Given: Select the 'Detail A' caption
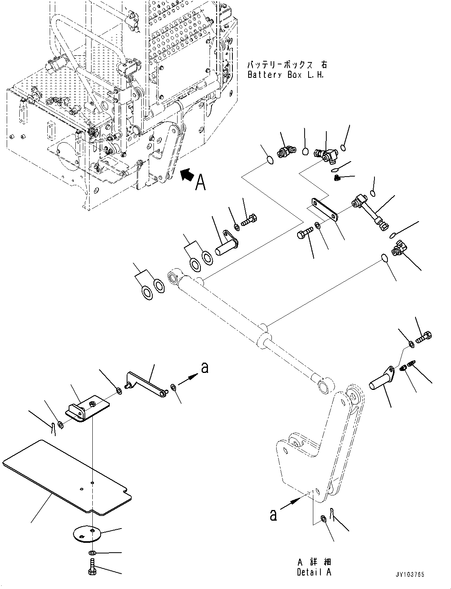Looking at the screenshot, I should [x=314, y=572].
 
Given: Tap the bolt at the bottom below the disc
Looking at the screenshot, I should [x=92, y=568].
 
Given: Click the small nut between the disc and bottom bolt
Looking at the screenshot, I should [x=91, y=552].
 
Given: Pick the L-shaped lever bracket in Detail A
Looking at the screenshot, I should [x=316, y=446].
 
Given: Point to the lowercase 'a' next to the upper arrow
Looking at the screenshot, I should [x=204, y=368].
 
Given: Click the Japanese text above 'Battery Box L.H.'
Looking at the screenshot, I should [x=287, y=65].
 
